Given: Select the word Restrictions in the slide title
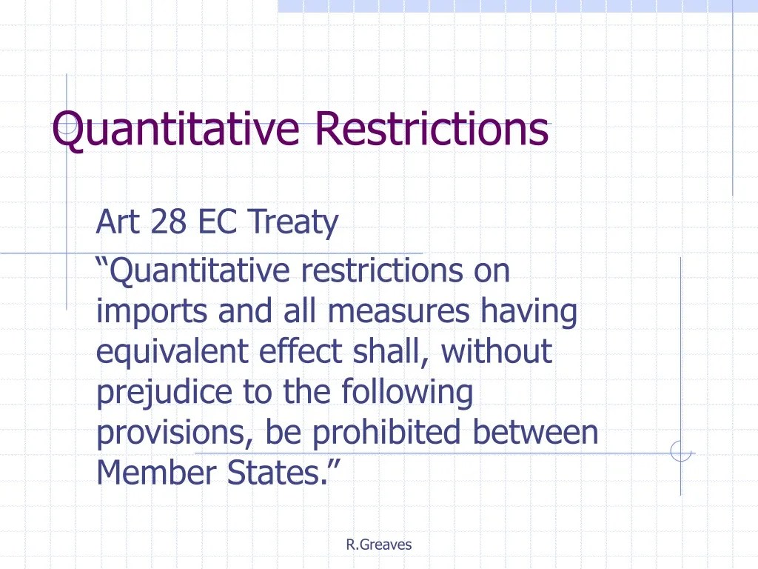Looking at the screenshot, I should click(432, 128).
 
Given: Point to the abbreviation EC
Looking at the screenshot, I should click(216, 221).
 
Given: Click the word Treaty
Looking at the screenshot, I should click(293, 222).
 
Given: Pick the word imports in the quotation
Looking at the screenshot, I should click(152, 312).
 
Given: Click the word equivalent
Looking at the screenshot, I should click(172, 351).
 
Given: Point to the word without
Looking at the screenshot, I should click(497, 350).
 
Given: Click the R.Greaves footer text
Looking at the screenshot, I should click(378, 545).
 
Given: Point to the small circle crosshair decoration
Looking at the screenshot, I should click(680, 450).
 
